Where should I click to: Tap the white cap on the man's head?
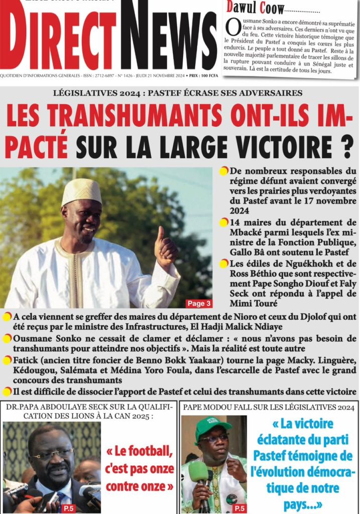[x=81, y=191]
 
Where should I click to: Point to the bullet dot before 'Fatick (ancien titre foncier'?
[x=7, y=360]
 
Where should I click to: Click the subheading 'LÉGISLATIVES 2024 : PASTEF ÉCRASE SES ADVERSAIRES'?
[x=180, y=93]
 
